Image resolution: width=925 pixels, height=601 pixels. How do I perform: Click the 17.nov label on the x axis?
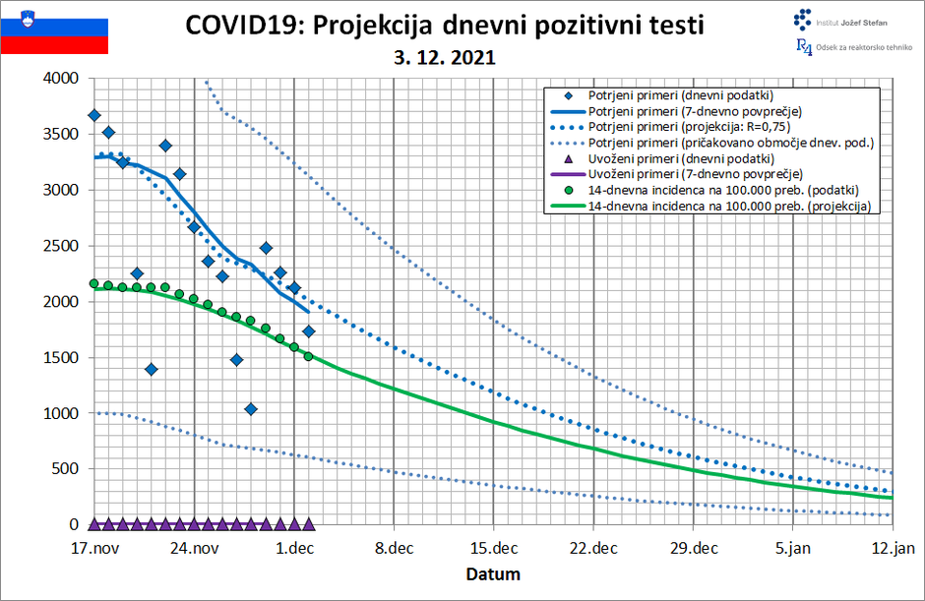point(94,549)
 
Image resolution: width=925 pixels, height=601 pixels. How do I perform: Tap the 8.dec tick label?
point(394,549)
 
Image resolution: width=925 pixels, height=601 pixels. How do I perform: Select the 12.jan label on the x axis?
point(893,549)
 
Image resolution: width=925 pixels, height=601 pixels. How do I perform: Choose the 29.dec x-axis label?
point(693,549)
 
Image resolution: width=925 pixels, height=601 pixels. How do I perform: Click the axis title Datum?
point(493,573)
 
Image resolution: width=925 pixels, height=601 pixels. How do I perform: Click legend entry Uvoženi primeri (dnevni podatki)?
point(680,158)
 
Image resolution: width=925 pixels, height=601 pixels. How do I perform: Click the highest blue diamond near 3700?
point(94,115)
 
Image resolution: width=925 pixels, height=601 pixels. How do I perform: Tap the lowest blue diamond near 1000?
point(251,409)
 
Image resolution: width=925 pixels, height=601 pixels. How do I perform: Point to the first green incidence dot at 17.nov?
point(94,283)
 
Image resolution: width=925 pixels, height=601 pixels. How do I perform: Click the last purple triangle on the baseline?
point(308,524)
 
